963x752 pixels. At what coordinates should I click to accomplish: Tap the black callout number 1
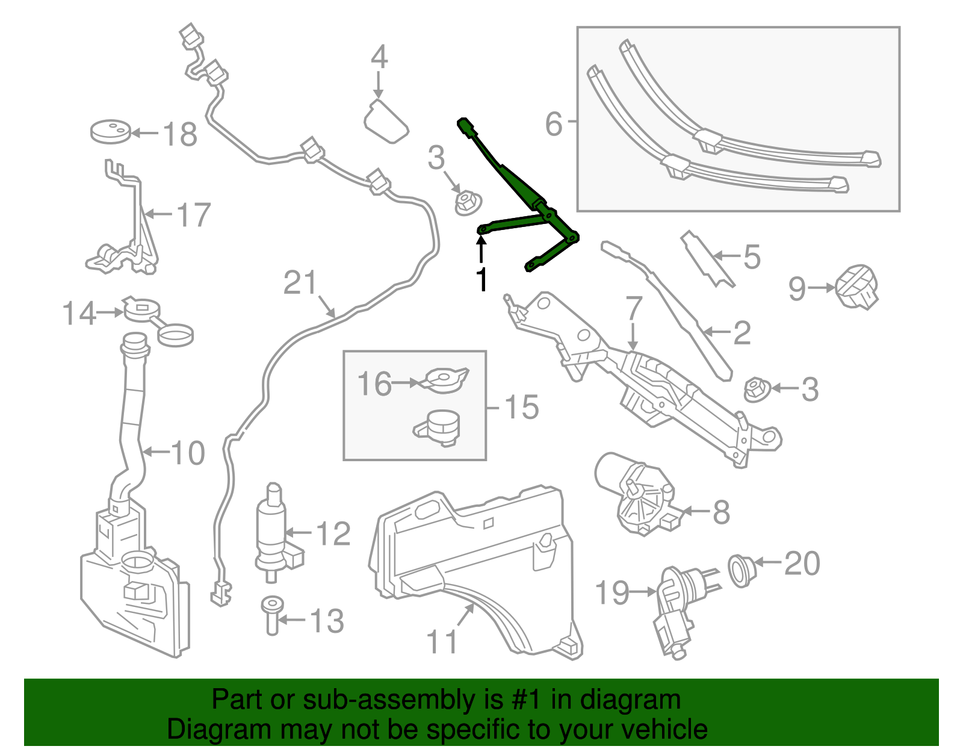click(482, 280)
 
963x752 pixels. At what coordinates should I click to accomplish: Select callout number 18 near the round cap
click(180, 134)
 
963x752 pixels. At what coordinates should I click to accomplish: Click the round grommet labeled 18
click(110, 132)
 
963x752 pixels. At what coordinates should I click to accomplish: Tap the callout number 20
click(802, 564)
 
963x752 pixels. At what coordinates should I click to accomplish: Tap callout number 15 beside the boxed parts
click(521, 408)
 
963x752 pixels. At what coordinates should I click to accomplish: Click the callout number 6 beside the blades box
click(554, 124)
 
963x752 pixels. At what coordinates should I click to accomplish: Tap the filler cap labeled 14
click(142, 309)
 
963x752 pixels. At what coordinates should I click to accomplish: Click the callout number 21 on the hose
click(300, 282)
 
